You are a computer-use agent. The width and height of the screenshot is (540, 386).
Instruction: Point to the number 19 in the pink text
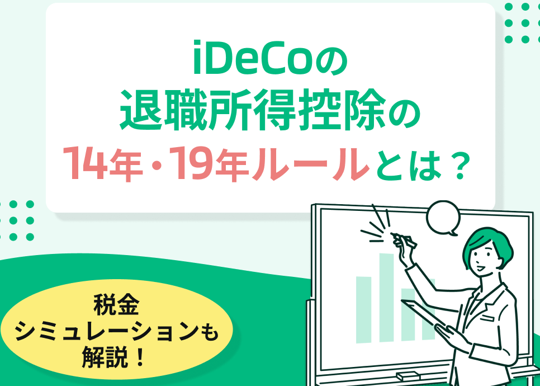point(190,163)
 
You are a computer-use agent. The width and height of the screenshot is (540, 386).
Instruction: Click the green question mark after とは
point(460,164)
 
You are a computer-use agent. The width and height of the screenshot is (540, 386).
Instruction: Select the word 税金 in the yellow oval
point(116,305)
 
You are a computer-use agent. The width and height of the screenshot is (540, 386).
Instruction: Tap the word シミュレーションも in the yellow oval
point(116,331)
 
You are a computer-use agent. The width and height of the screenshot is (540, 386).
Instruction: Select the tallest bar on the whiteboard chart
point(386,298)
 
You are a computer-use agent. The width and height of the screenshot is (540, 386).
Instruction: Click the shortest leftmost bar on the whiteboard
point(364,310)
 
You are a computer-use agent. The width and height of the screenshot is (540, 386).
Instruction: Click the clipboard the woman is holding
point(424,313)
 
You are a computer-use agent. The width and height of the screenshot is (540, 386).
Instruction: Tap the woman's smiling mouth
point(481,267)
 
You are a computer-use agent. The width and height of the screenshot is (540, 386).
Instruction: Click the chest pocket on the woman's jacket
point(489,318)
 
